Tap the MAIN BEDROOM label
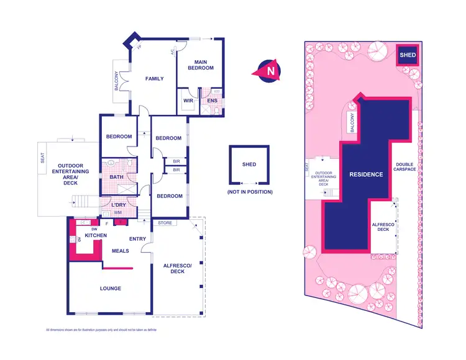click(x=200, y=65)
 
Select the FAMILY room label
click(x=154, y=79)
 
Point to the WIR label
click(x=186, y=101)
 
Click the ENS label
click(x=212, y=101)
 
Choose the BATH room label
click(x=116, y=177)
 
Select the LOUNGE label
click(x=110, y=289)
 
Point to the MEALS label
click(x=120, y=251)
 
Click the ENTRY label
click(x=137, y=238)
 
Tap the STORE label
click(x=165, y=222)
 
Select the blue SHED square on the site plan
click(x=408, y=55)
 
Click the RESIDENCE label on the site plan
click(x=365, y=174)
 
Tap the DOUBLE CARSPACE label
click(x=404, y=168)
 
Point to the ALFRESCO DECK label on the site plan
click(x=380, y=227)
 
